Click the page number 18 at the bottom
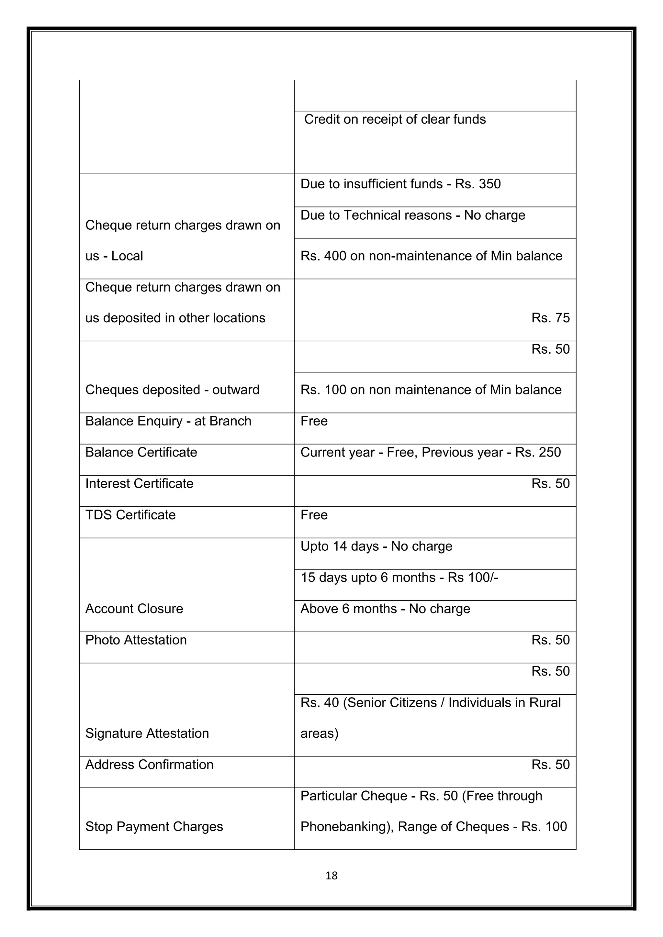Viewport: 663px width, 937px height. point(331,876)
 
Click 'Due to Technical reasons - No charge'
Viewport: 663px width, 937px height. point(413,215)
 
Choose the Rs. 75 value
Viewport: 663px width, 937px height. point(550,318)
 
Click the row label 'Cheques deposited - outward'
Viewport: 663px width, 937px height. point(172,390)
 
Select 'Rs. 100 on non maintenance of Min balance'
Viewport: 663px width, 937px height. point(431,390)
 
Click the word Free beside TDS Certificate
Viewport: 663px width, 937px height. point(314,515)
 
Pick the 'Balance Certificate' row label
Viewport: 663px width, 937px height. point(141,452)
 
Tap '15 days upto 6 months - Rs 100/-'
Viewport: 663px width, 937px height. point(399,578)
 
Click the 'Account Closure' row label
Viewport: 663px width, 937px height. point(134,609)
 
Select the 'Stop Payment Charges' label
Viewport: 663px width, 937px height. point(154,827)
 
